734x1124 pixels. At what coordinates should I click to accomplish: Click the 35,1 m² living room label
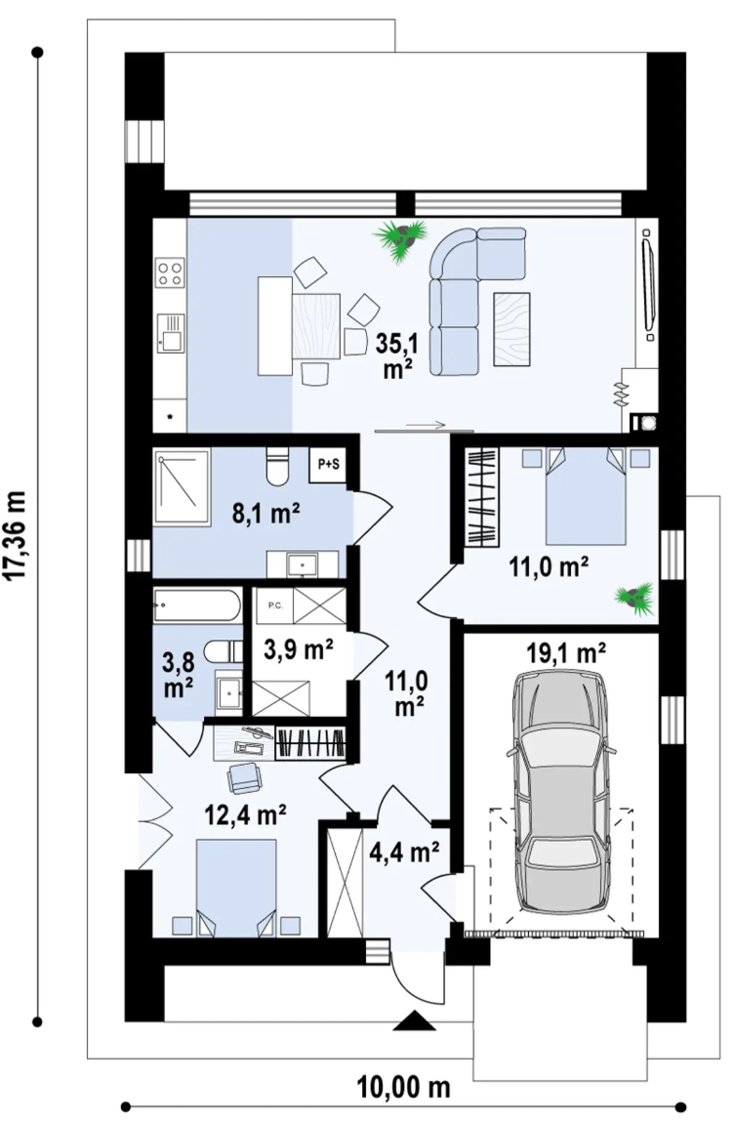pyautogui.click(x=398, y=355)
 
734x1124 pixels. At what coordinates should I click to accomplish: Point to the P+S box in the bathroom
pyautogui.click(x=328, y=464)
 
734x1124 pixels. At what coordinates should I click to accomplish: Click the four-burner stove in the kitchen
pyautogui.click(x=171, y=272)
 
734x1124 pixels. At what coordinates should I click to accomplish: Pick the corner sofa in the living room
pyautogui.click(x=476, y=301)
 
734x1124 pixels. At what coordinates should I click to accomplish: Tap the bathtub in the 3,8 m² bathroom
pyautogui.click(x=197, y=605)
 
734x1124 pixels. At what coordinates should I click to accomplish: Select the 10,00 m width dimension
pyautogui.click(x=403, y=1087)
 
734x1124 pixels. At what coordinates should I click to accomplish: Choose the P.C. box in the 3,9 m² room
pyautogui.click(x=275, y=605)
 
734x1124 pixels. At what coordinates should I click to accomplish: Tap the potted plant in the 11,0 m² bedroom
pyautogui.click(x=635, y=599)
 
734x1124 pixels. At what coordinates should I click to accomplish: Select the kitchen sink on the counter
pyautogui.click(x=171, y=333)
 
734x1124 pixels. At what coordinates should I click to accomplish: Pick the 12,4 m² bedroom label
pyautogui.click(x=246, y=814)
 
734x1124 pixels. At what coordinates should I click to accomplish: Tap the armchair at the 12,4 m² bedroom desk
pyautogui.click(x=244, y=778)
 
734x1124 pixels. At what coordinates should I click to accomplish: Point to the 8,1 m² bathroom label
pyautogui.click(x=265, y=514)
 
